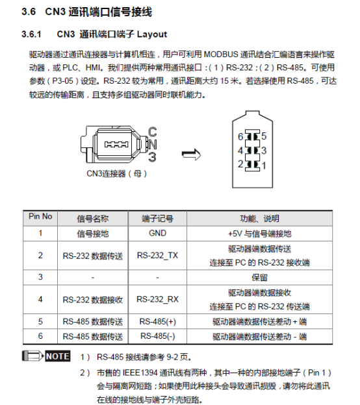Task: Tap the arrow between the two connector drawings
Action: pos(190,154)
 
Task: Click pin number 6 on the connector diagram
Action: pos(240,136)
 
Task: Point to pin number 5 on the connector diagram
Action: pos(263,136)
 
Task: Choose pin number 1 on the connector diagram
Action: pos(263,165)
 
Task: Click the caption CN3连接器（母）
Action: pos(117,174)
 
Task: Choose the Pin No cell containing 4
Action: pos(40,299)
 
